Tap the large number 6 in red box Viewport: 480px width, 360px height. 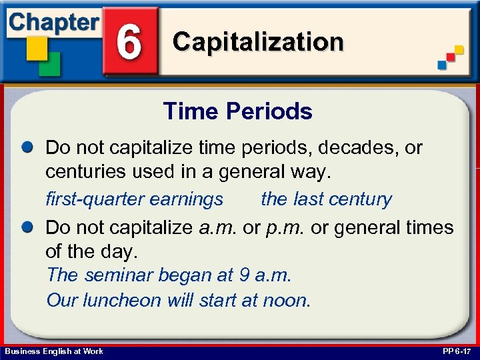(x=130, y=41)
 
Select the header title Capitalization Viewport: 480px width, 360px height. (x=258, y=41)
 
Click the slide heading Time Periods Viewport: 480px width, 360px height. (x=237, y=111)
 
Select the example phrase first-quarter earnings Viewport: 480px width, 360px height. (x=134, y=199)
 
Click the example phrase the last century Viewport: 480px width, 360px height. (x=326, y=199)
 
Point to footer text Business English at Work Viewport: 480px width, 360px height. (x=53, y=351)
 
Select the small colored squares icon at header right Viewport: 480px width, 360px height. (x=450, y=57)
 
